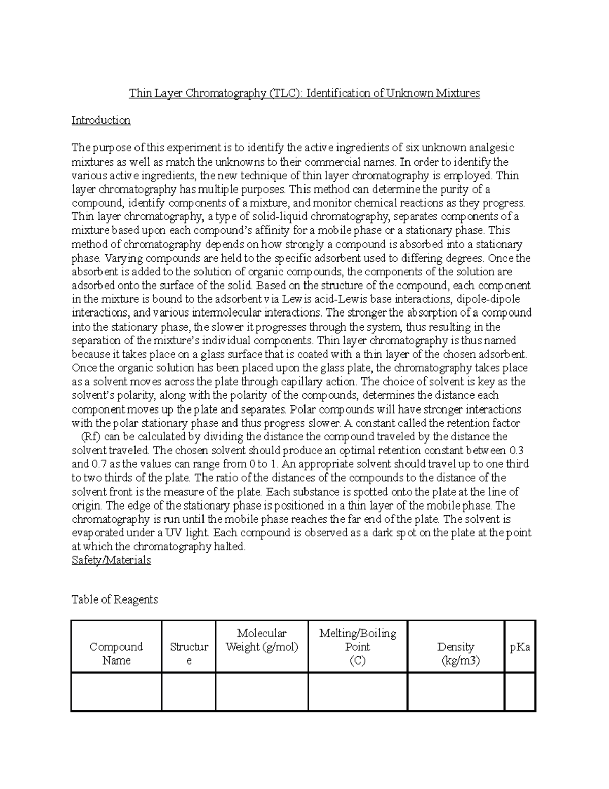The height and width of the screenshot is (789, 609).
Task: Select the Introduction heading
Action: click(x=101, y=121)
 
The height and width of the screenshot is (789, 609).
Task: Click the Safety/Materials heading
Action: click(x=111, y=560)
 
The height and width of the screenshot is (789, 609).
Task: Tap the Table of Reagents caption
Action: click(x=115, y=599)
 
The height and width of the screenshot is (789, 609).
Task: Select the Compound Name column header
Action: click(x=116, y=653)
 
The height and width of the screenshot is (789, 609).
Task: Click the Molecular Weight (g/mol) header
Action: click(x=261, y=640)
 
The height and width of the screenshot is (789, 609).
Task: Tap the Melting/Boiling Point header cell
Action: click(x=357, y=647)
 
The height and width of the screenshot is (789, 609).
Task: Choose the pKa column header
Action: click(x=520, y=647)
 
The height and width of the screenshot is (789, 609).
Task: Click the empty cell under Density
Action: click(x=456, y=691)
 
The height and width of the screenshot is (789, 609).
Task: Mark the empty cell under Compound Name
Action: click(x=116, y=691)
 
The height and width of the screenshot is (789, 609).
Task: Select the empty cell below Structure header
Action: click(x=188, y=691)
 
